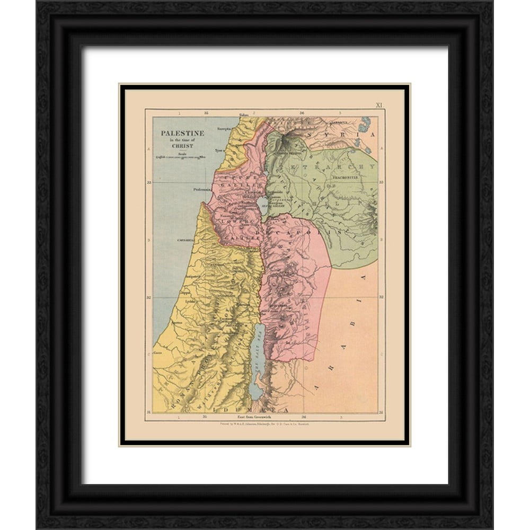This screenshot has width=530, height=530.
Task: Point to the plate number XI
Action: click(x=379, y=105)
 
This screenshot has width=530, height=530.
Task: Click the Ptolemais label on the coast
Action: click(x=202, y=188)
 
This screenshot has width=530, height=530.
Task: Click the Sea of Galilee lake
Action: click(x=263, y=206)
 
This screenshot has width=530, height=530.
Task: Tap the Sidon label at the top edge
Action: click(x=244, y=114)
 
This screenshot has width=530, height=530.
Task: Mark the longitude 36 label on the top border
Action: click(x=302, y=113)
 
